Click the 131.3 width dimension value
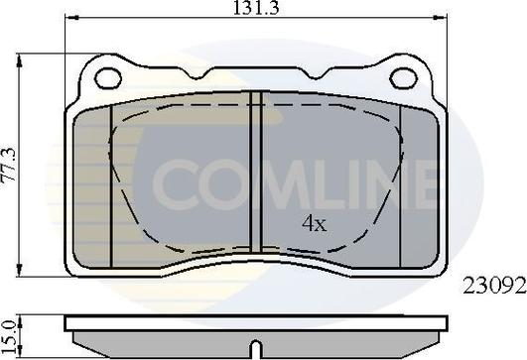coord(256,8)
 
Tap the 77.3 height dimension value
coord(9,165)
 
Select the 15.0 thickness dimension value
coord(9,336)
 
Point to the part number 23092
coord(494,287)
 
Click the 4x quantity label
coord(315,224)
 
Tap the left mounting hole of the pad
coord(108,78)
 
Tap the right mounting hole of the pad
coord(403,78)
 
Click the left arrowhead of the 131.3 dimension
coord(71,17)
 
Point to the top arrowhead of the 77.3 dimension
coord(20,61)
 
